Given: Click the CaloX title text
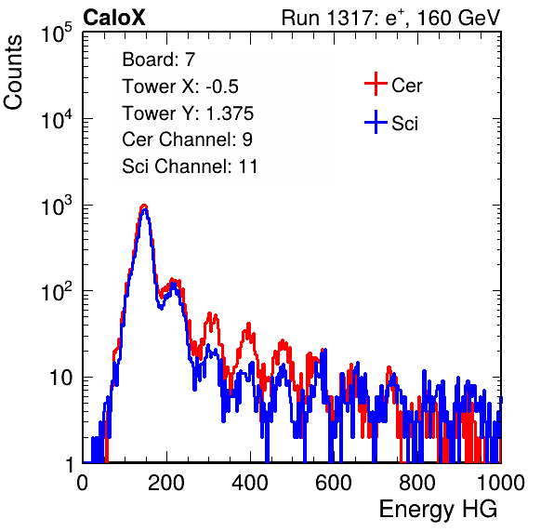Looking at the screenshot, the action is click(x=113, y=18).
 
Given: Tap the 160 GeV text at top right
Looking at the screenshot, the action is click(x=458, y=18).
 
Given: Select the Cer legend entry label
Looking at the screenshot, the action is click(x=406, y=86).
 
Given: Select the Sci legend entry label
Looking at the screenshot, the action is click(x=405, y=124).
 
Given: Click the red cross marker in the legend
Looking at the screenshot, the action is click(x=376, y=84).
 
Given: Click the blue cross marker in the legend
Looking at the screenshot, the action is click(x=376, y=122).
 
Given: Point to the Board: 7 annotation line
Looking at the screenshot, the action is click(x=159, y=60).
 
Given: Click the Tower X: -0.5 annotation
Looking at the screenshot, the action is click(x=180, y=86).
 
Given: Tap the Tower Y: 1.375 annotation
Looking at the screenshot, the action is click(x=188, y=113).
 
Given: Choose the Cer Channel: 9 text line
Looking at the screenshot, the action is click(x=187, y=140).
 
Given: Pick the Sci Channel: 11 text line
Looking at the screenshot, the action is click(x=190, y=166).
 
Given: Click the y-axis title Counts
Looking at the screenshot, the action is click(x=13, y=73).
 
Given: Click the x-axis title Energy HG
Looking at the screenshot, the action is click(x=438, y=510).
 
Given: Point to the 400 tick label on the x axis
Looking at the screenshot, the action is click(x=250, y=483).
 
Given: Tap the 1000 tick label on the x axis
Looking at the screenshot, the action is click(x=501, y=483).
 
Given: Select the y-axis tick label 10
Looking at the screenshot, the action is click(x=60, y=378).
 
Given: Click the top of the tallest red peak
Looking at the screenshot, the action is click(x=143, y=205).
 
